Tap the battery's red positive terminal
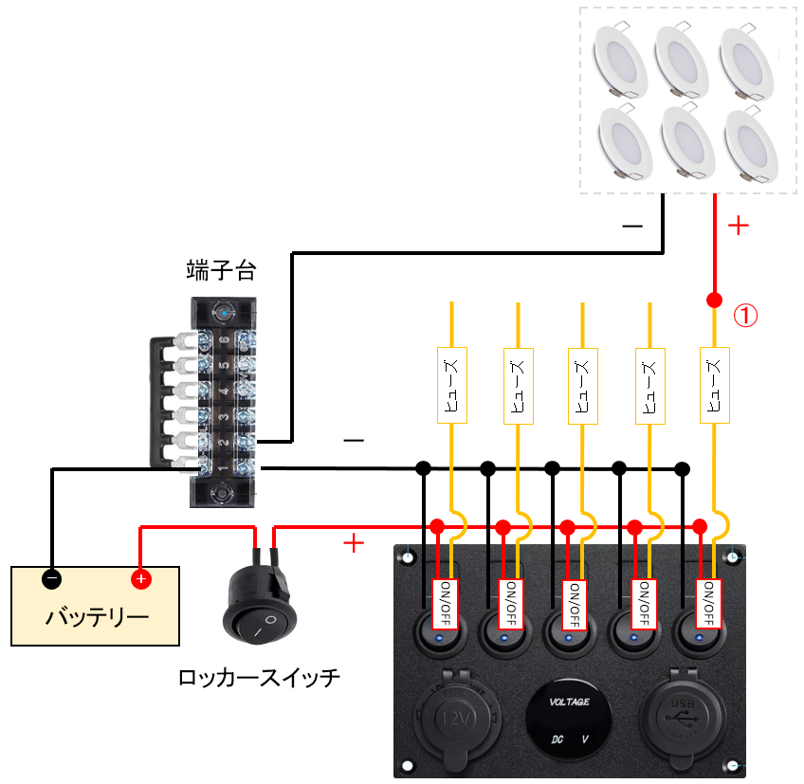tap(139, 578)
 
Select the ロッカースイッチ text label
tap(258, 678)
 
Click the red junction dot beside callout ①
tap(714, 301)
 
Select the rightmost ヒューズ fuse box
tap(714, 384)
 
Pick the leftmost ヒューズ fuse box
tap(450, 384)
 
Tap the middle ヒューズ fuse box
tap(581, 384)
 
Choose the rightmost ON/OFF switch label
tap(707, 604)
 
